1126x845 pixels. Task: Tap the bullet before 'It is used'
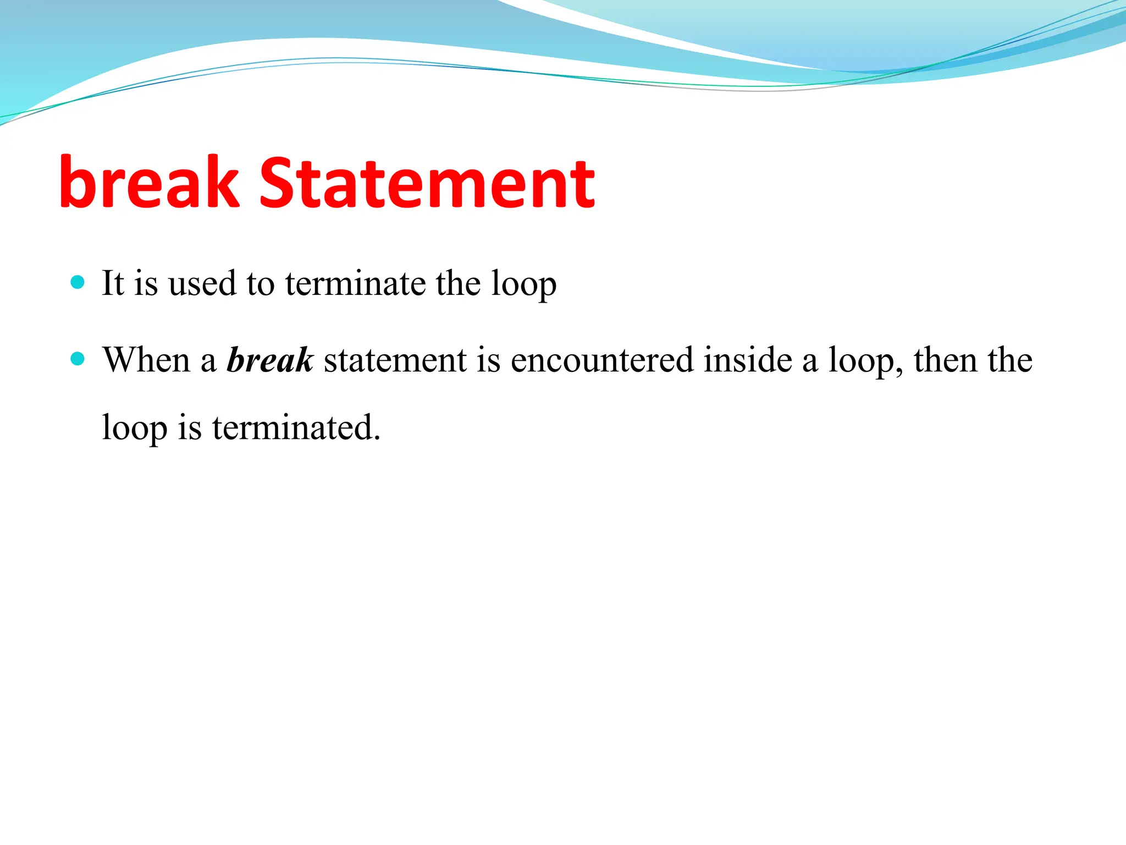78,283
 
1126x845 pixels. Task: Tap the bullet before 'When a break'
78,359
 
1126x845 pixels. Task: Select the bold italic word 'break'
269,360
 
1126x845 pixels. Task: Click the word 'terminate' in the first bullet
355,284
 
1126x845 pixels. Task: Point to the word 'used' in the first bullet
202,284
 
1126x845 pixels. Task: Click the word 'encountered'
602,360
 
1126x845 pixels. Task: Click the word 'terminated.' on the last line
296,427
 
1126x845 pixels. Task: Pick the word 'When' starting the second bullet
146,360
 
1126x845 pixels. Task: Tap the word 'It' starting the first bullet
113,284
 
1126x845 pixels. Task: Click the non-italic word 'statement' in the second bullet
395,360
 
